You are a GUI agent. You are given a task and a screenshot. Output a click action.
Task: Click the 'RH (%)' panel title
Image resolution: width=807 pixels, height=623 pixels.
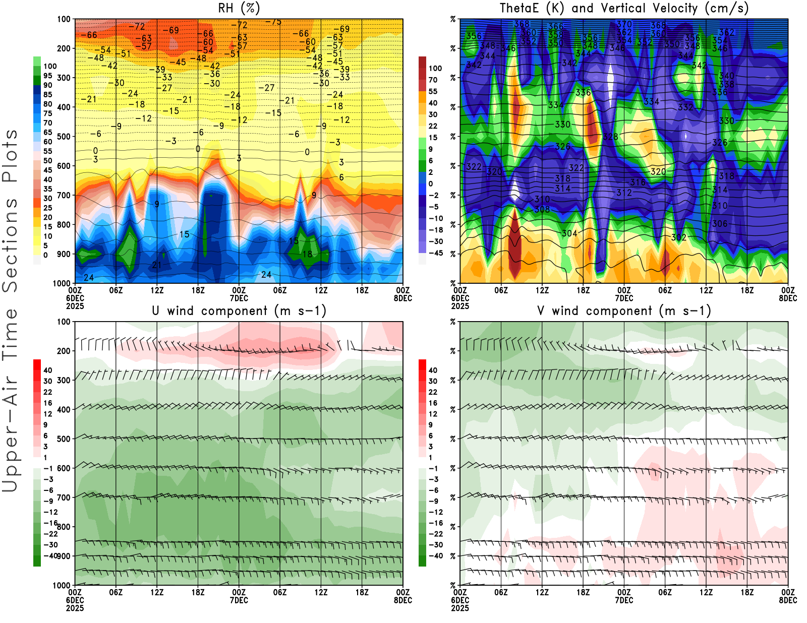(239, 8)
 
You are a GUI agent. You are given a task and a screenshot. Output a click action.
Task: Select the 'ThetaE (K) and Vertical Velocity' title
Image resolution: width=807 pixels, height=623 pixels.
(624, 8)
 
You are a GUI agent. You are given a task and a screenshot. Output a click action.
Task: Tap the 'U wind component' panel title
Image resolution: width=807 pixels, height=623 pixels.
(239, 311)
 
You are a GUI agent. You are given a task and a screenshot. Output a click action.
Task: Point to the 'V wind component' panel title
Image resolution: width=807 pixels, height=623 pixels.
(624, 311)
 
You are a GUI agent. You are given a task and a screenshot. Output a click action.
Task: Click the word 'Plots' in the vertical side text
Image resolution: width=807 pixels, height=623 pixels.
(10, 156)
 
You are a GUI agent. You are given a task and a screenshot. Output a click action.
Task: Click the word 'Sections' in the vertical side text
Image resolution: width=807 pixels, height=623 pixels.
(10, 244)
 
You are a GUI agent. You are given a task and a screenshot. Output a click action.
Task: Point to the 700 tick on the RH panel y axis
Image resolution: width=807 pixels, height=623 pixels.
(64, 195)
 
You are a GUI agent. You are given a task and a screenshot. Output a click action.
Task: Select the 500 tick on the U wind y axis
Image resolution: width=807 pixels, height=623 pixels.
(64, 439)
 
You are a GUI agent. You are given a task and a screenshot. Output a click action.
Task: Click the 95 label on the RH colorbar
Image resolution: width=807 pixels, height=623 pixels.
(47, 76)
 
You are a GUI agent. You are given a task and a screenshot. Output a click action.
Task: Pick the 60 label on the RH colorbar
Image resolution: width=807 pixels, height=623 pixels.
(47, 142)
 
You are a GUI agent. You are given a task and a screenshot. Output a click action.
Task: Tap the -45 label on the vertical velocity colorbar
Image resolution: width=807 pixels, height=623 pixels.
(436, 253)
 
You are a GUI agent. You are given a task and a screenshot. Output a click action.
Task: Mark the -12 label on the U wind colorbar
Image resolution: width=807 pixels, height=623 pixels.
(50, 512)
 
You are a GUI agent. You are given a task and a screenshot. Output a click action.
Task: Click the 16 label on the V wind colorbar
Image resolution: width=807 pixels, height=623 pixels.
(433, 403)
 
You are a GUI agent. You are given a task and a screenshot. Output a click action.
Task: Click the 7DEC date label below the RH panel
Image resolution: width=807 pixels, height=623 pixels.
(239, 298)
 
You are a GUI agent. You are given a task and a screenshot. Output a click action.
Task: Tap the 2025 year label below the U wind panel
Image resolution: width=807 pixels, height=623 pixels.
(75, 608)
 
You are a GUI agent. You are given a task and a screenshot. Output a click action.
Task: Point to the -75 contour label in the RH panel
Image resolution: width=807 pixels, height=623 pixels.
(273, 22)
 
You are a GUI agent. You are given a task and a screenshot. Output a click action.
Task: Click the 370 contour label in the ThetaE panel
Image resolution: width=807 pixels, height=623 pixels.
(624, 24)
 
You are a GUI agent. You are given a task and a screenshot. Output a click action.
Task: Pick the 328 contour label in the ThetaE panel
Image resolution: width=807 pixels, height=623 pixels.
(610, 137)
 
